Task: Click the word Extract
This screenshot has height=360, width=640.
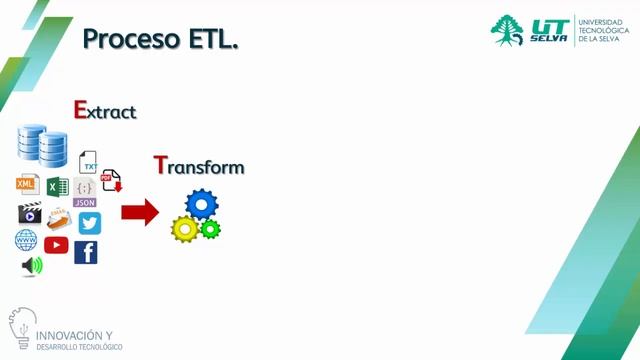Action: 105,110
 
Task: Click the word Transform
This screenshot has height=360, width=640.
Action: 199,166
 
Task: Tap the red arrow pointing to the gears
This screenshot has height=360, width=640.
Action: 140,212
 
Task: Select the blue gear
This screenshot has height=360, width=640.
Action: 202,205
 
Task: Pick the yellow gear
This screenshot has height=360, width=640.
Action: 185,229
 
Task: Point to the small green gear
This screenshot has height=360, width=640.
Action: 210,229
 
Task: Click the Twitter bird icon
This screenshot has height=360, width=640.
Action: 90,223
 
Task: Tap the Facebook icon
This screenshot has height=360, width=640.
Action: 86,252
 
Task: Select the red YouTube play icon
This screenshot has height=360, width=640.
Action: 56,244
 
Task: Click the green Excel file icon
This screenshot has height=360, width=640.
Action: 57,186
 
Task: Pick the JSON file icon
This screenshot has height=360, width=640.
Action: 85,191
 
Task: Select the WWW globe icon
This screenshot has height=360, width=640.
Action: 26,240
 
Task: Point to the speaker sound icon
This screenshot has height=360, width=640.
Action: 33,266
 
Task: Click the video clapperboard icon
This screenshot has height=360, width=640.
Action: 29,214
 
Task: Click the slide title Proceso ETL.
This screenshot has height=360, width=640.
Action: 160,39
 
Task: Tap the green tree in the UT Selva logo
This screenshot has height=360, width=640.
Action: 507,29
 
